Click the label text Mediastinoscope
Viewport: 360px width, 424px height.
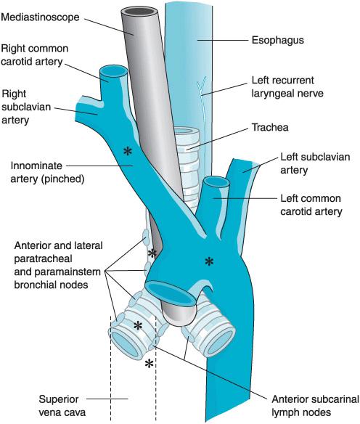pos(40,17)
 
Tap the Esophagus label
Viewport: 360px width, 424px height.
pos(278,40)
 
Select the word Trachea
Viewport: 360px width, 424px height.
pos(270,127)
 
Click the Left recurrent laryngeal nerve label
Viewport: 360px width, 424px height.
pos(287,87)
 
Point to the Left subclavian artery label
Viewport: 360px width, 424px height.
pos(315,163)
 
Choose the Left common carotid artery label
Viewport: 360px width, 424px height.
pos(311,205)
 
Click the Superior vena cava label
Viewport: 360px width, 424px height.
pos(62,406)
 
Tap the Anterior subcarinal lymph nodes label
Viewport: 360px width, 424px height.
pos(316,406)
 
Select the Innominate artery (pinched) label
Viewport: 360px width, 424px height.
pos(47,172)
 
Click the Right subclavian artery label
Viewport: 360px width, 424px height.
pos(26,107)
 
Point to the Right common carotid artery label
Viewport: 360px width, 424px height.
pos(35,55)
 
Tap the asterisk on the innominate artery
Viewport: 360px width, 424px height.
pos(128,152)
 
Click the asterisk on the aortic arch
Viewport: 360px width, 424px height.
pos(209,261)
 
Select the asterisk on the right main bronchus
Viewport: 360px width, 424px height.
pos(138,326)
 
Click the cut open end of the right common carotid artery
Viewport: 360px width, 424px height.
pos(114,72)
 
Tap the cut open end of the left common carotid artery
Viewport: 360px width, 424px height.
pos(216,182)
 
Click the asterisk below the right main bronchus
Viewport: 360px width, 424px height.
pos(149,364)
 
